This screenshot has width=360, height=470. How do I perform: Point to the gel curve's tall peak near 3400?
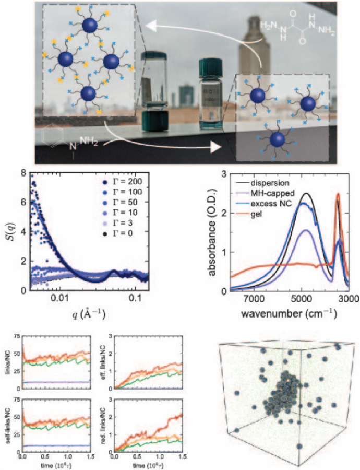coord(338,195)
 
